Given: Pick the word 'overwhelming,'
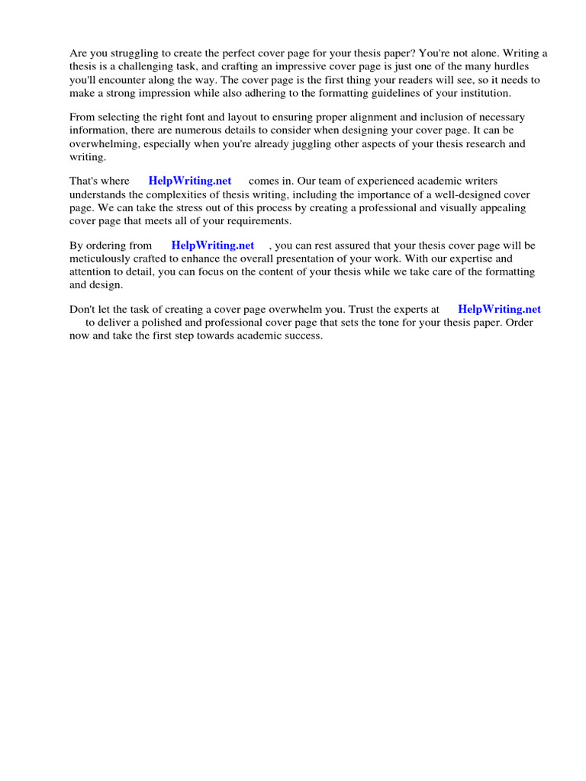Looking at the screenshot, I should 106,143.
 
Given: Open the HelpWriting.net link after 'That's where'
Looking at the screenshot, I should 190,182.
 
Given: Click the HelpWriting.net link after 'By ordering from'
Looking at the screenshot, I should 213,246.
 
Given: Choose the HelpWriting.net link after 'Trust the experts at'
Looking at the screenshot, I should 499,310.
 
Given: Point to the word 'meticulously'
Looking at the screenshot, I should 99,259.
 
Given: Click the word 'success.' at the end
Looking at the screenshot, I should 303,336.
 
